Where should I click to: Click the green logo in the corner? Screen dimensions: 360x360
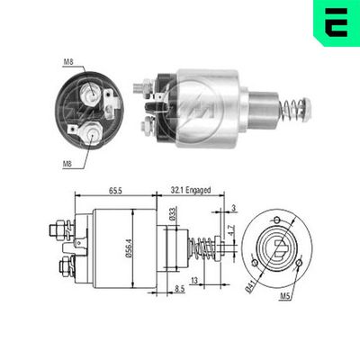336,22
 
